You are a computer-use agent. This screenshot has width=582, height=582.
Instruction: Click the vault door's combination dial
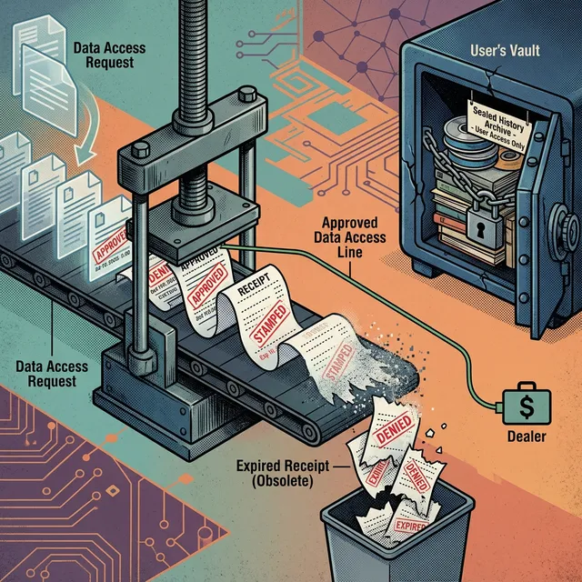tap(570, 223)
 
